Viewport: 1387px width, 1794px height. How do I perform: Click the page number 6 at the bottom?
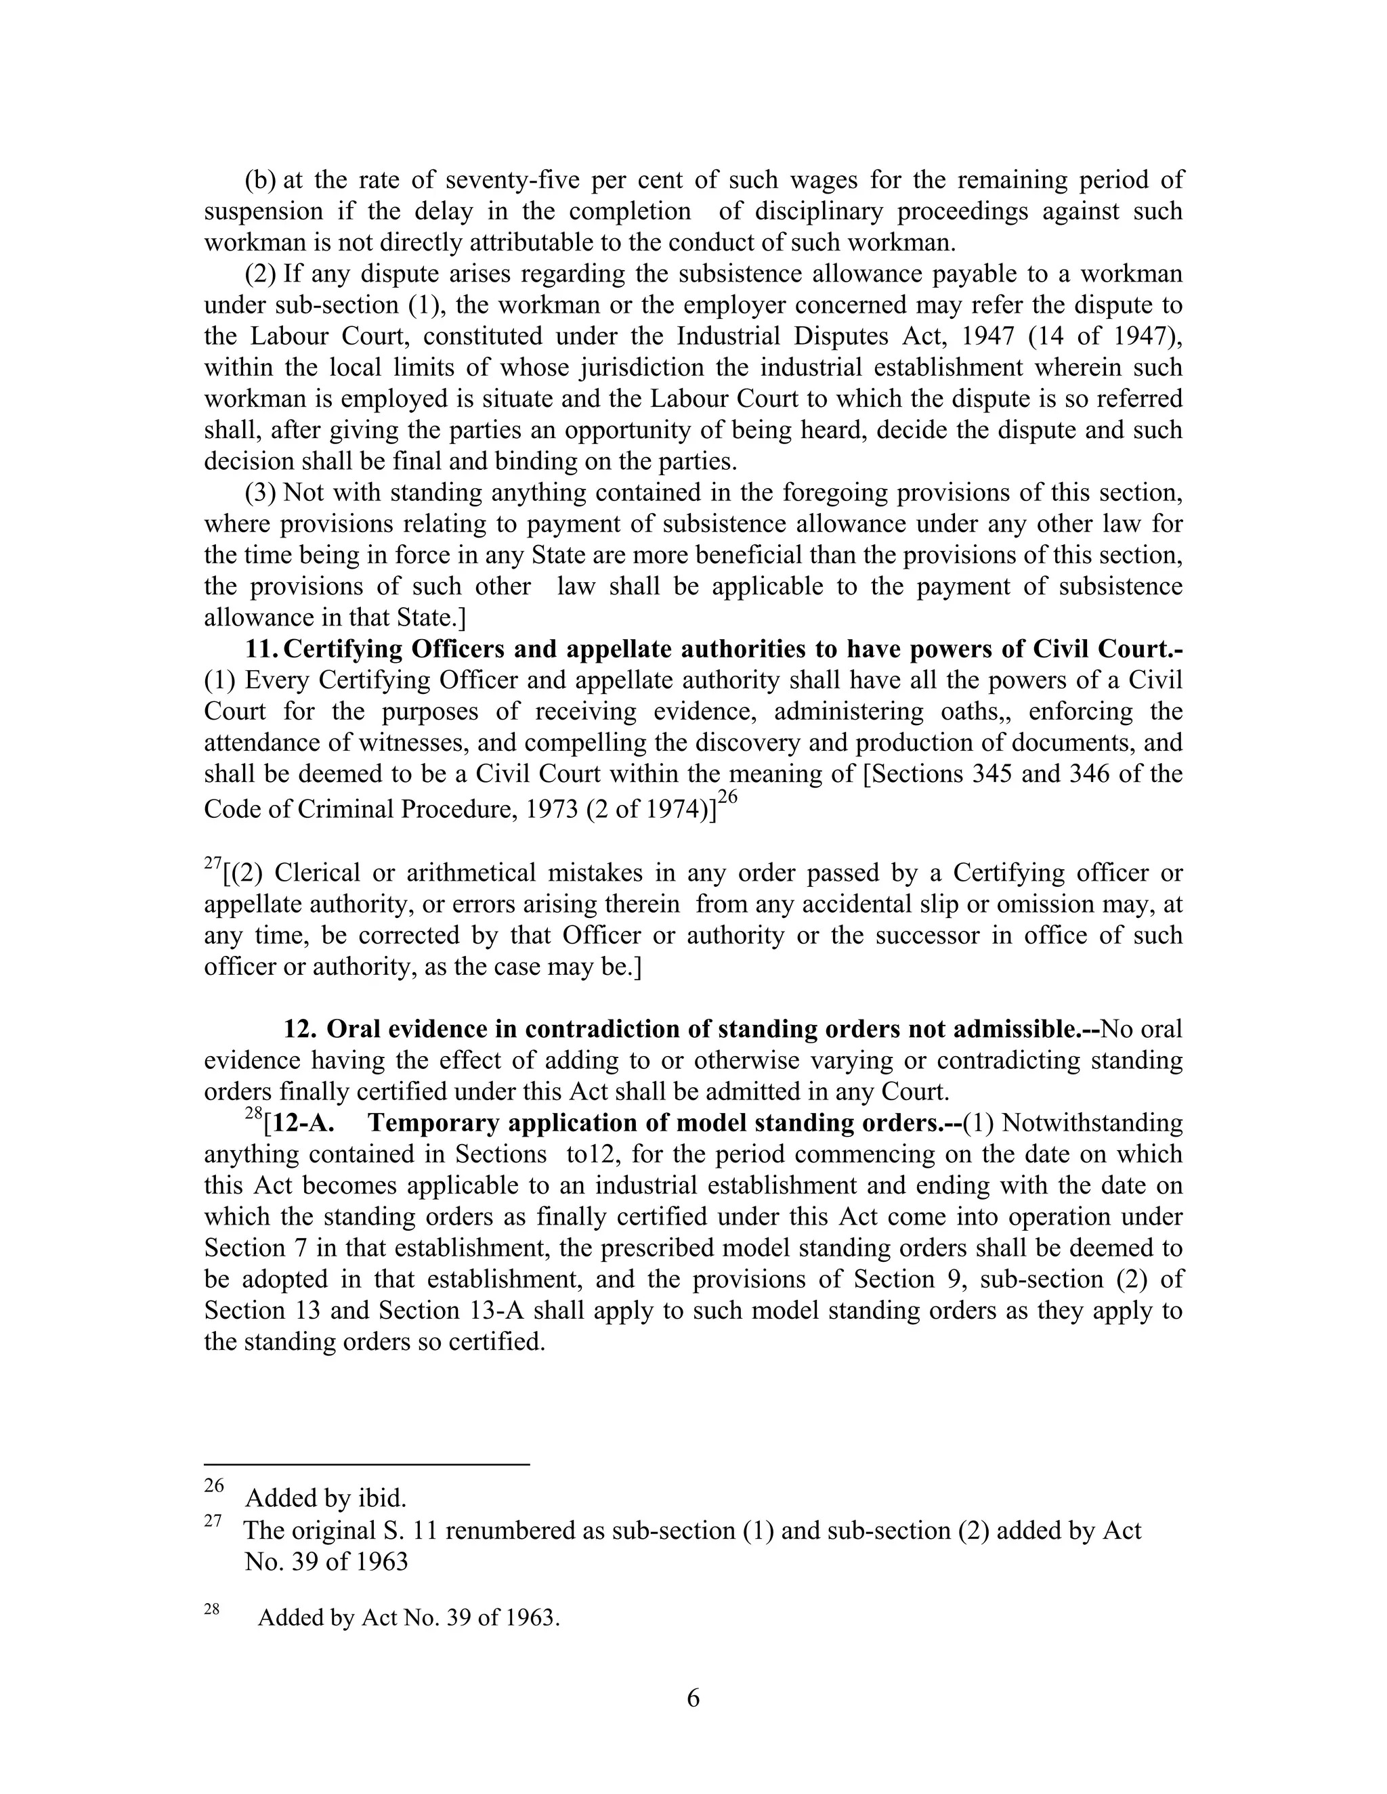693,1698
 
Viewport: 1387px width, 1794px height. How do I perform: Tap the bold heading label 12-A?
300,1123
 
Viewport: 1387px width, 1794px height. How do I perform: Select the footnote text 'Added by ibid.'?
325,1498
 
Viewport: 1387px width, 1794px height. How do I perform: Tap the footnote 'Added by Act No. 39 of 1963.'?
408,1617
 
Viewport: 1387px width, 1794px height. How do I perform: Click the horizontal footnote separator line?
366,1464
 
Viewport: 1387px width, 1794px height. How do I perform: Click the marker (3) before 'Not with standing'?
261,492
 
